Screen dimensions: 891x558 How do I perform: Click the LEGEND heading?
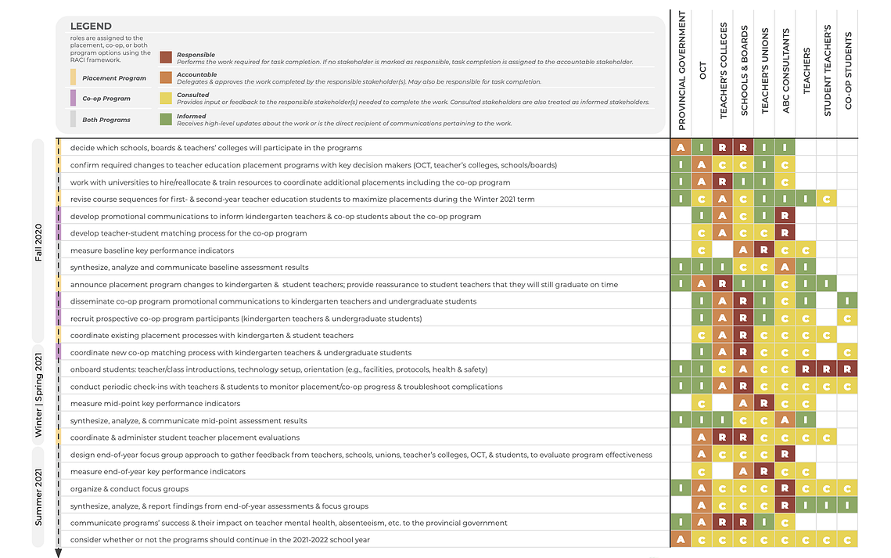click(x=91, y=26)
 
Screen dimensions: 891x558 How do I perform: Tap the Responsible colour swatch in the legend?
click(x=166, y=57)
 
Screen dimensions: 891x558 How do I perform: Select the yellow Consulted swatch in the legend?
click(x=166, y=99)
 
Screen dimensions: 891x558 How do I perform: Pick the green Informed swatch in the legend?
click(x=166, y=119)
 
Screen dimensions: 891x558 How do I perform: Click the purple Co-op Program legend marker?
click(x=73, y=98)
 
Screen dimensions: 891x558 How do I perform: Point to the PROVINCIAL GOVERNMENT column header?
click(x=682, y=71)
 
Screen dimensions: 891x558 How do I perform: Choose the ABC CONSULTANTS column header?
click(x=786, y=71)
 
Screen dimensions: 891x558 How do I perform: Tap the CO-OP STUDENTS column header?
click(x=849, y=71)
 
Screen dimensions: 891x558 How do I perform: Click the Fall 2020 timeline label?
click(x=38, y=243)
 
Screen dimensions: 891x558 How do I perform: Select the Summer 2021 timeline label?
click(x=38, y=497)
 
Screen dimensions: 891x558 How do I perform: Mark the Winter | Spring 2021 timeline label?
click(x=38, y=395)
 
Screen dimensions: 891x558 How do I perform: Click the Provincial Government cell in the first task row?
click(x=681, y=148)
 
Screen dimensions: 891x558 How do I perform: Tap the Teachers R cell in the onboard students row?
click(x=806, y=369)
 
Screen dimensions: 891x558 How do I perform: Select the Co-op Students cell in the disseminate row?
click(x=847, y=301)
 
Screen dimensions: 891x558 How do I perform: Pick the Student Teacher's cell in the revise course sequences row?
click(x=827, y=199)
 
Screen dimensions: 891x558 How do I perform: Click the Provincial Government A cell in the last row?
click(x=681, y=540)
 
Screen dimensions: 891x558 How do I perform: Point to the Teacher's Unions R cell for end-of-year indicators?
click(x=764, y=472)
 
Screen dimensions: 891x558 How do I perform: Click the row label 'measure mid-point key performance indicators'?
click(x=155, y=404)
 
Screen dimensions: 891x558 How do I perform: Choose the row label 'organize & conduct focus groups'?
click(x=130, y=488)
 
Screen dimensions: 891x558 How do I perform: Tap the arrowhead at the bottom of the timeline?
click(x=58, y=553)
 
